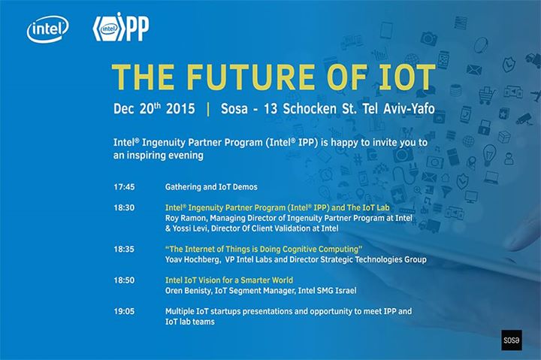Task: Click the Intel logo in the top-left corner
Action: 47,29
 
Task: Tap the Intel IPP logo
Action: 121,27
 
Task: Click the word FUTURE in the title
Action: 251,77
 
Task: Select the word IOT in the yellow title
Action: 407,77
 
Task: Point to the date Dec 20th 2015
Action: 154,109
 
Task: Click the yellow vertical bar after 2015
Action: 208,109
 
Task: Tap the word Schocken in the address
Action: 310,109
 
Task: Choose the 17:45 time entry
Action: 124,187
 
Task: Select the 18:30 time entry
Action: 124,207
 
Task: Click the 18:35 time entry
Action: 124,250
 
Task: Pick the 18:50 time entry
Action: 124,280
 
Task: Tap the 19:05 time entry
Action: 124,311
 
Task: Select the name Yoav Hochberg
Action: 192,259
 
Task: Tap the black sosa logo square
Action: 512,340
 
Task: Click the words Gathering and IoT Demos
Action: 211,187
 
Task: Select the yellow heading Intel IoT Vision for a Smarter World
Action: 229,280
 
